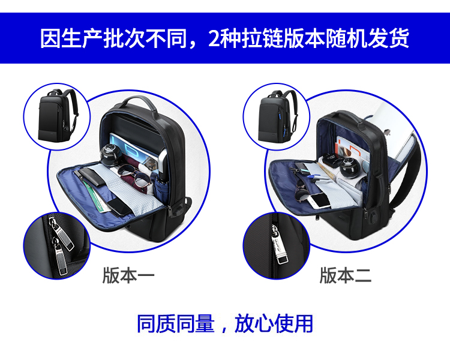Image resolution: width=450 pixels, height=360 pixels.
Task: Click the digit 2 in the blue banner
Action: pos(214,38)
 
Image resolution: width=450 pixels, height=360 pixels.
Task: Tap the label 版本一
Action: pos(128,275)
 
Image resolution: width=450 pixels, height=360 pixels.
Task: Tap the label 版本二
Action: pos(346,275)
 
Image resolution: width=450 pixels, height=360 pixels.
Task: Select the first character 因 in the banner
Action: pos(50,38)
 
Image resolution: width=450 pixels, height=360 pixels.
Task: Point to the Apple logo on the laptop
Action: pos(387,133)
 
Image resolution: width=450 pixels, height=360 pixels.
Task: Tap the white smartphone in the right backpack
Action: pos(319,200)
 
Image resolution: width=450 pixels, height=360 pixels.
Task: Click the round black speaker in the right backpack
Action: pos(351,168)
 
